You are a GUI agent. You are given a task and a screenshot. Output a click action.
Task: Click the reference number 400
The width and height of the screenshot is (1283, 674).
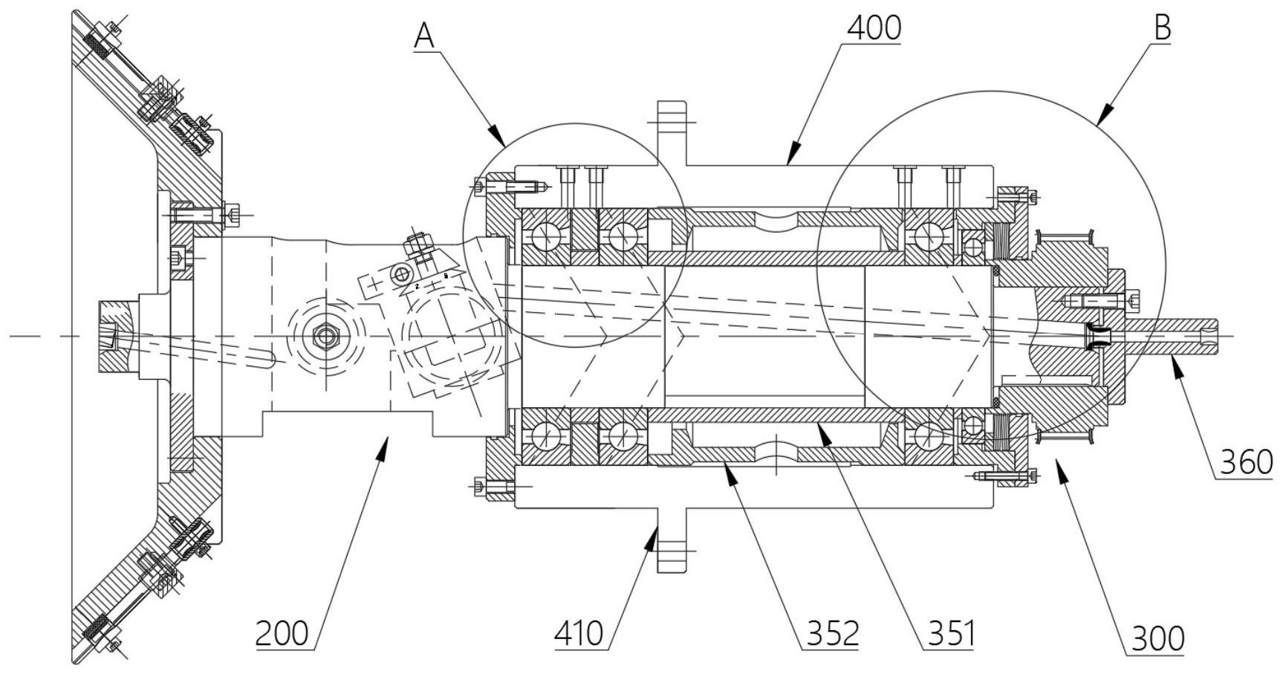(x=874, y=28)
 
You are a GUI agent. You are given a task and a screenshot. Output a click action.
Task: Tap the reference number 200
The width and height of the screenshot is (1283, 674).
(x=282, y=634)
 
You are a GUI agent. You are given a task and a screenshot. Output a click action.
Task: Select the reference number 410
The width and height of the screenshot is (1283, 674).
(x=579, y=634)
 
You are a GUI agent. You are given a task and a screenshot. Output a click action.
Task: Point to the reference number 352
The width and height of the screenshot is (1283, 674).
(x=832, y=634)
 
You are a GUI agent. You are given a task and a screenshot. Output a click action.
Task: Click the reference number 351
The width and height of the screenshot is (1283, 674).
(x=950, y=634)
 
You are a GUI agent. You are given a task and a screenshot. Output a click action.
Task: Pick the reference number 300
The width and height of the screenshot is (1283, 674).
(x=1157, y=638)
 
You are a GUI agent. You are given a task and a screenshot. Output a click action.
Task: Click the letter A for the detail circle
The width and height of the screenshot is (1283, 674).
(x=424, y=35)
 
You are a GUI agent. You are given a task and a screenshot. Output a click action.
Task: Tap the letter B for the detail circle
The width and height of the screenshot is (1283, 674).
(x=1163, y=27)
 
